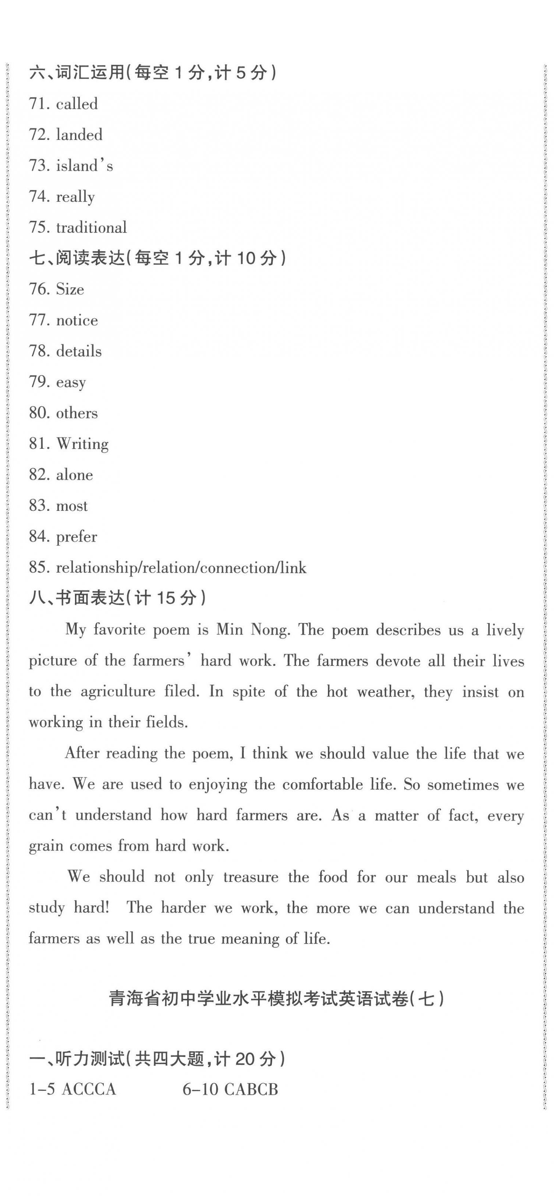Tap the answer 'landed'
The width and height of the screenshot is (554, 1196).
coord(79,135)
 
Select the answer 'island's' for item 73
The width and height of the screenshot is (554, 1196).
coord(84,166)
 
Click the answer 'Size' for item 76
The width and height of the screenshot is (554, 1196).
coord(70,289)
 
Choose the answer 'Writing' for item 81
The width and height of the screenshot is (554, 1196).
coord(82,444)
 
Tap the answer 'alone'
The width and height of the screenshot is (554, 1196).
coord(74,475)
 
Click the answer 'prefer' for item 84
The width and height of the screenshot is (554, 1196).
coord(76,537)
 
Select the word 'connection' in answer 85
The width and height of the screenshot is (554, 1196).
coord(239,568)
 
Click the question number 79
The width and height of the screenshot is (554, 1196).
coord(38,382)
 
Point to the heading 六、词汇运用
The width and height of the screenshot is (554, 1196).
coord(76,72)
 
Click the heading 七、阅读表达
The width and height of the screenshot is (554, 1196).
coord(76,258)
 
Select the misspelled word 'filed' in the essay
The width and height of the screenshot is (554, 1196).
coord(182,691)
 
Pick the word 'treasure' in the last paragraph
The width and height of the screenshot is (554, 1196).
coord(250,877)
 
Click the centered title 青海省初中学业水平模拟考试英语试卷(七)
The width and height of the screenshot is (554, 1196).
coord(276,999)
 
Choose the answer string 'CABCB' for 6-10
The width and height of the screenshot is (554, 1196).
coord(251,1090)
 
